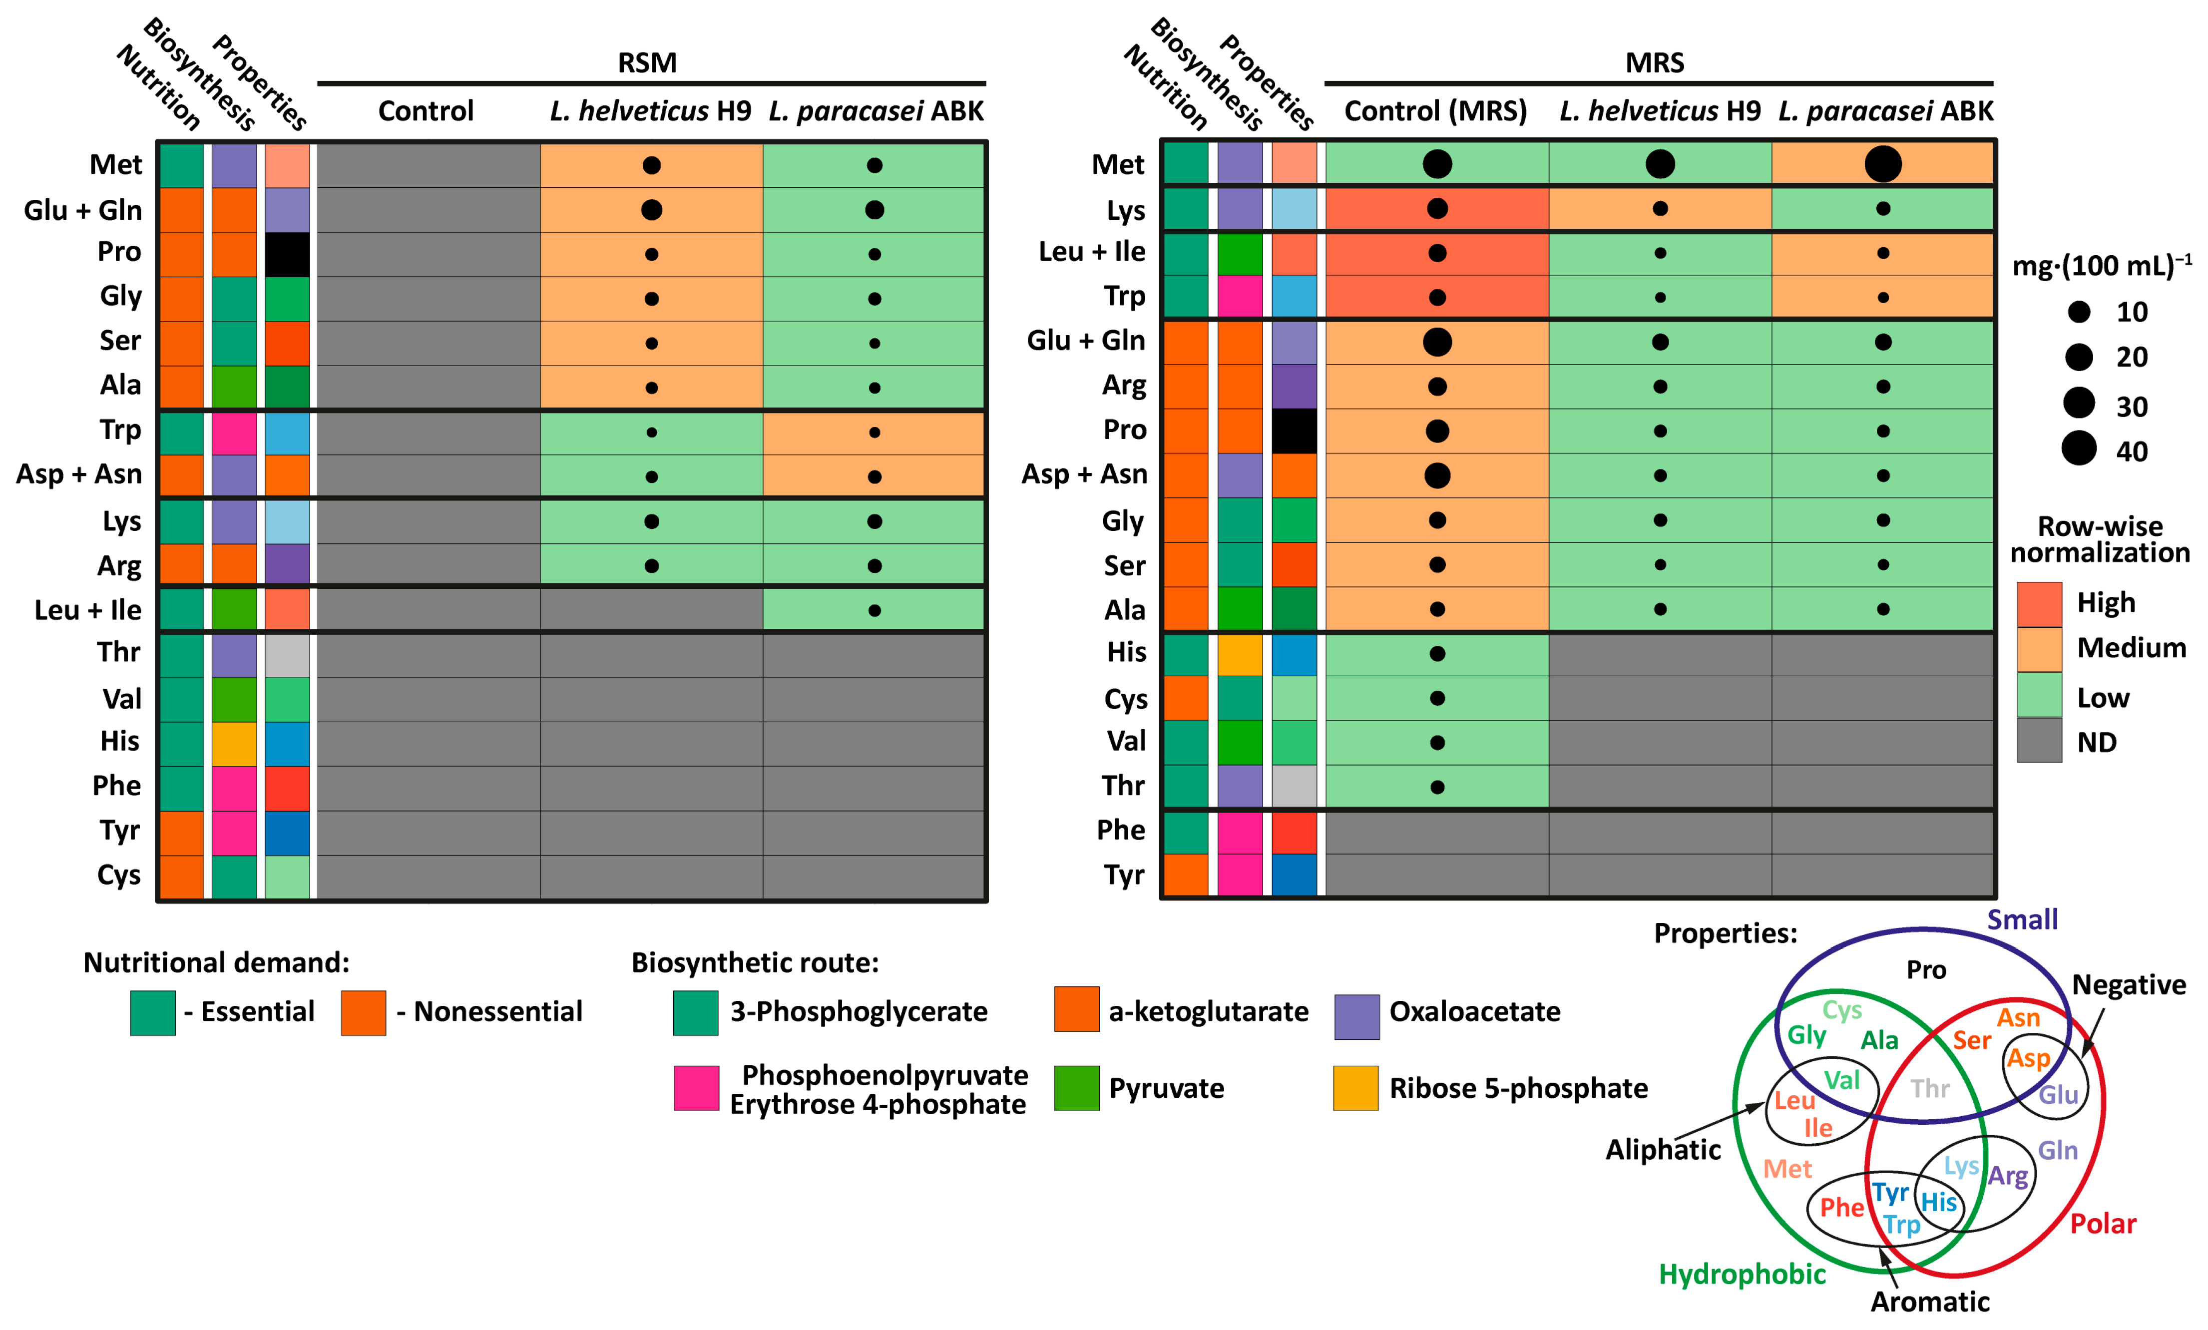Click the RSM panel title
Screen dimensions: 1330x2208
point(647,63)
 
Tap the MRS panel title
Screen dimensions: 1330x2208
point(1654,63)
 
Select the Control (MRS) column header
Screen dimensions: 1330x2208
point(1435,111)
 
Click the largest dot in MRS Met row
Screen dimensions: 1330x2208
point(1883,164)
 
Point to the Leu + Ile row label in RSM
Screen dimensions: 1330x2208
point(88,610)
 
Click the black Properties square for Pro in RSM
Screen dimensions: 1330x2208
point(287,255)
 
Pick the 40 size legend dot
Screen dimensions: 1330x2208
point(2079,448)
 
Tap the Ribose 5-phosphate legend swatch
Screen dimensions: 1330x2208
point(1355,1088)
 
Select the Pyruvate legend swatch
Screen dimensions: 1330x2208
point(1076,1088)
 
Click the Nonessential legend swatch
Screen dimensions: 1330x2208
point(363,1013)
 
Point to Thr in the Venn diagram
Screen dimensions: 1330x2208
point(1929,1089)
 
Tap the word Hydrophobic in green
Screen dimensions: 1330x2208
point(1741,1274)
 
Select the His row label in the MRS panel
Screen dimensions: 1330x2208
point(1126,652)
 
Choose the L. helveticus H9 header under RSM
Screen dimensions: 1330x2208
point(651,111)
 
